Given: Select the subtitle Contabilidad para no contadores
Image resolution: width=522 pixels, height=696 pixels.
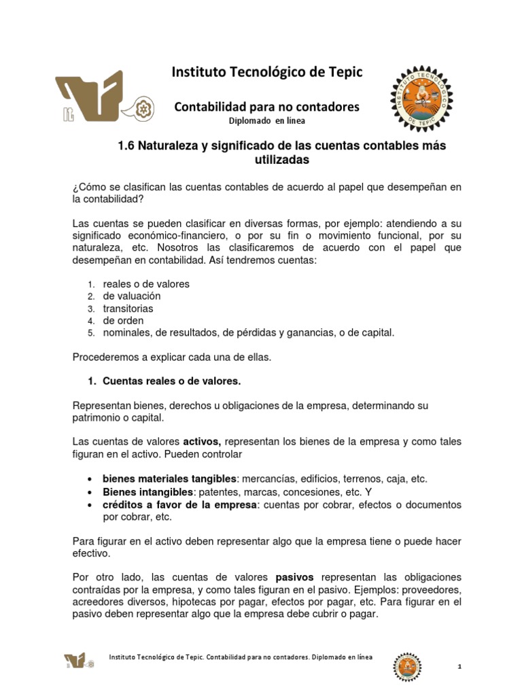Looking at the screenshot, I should [267, 107].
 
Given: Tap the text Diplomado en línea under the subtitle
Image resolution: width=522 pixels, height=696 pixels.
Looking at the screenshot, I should [266, 121].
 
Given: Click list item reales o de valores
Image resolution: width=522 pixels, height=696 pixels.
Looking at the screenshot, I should [145, 284].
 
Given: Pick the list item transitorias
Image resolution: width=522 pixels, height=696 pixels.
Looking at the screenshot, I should [128, 309].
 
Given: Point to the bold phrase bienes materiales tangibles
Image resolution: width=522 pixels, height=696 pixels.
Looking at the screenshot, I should [170, 479].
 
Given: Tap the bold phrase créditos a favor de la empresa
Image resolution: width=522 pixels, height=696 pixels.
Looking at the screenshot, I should [179, 504].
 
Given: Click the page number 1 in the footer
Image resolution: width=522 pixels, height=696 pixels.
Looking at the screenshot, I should [460, 667].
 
